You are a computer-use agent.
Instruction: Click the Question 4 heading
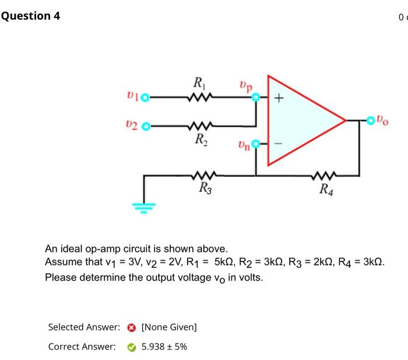tap(30, 16)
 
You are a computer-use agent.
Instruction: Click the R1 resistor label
tap(199, 84)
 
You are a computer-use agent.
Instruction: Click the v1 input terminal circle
tap(145, 98)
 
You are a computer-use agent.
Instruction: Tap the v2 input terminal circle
tap(146, 125)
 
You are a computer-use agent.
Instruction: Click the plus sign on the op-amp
tap(280, 99)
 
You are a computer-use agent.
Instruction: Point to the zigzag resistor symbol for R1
tap(200, 98)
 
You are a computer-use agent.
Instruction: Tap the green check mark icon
tap(132, 347)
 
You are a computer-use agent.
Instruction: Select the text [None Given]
tap(169, 327)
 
